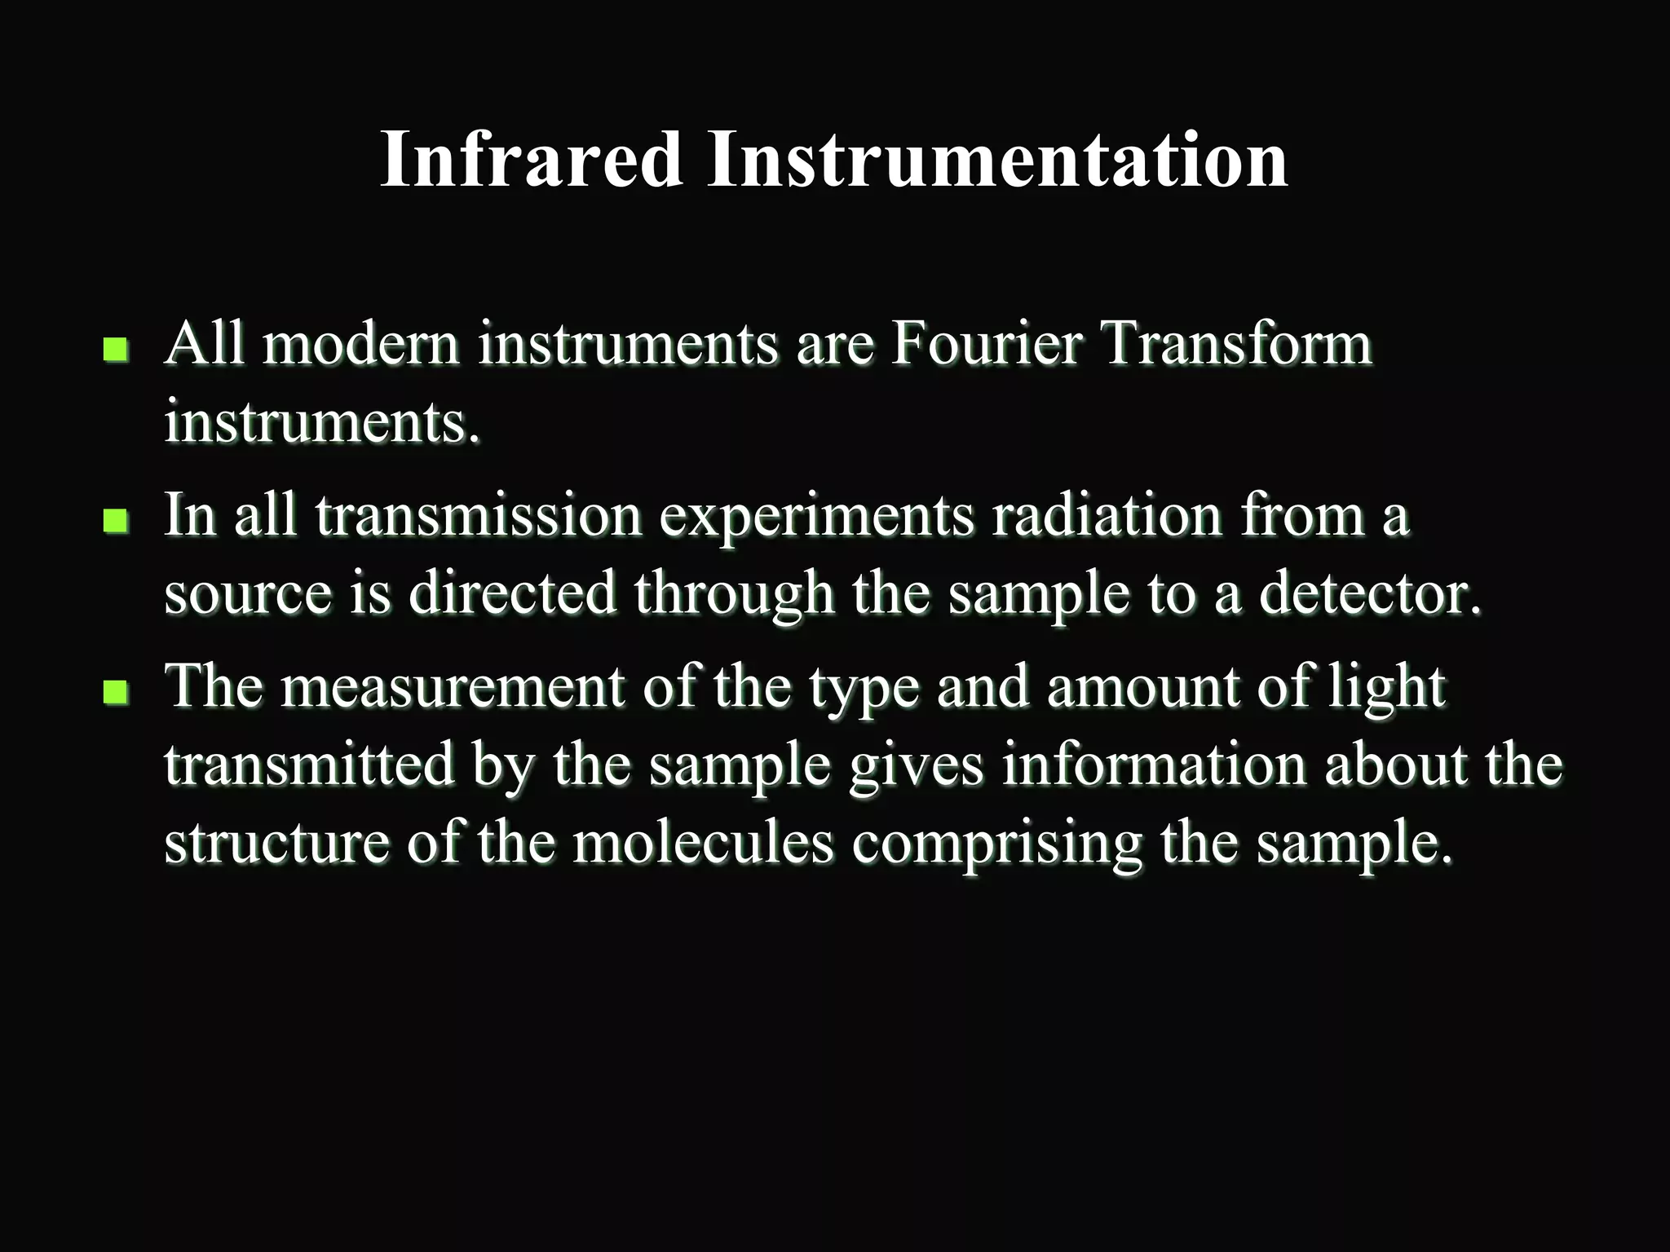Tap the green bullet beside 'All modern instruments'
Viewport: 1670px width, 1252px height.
pyautogui.click(x=116, y=350)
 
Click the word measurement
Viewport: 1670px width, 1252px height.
pyautogui.click(x=453, y=686)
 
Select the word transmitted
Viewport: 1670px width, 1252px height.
pyautogui.click(x=309, y=765)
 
